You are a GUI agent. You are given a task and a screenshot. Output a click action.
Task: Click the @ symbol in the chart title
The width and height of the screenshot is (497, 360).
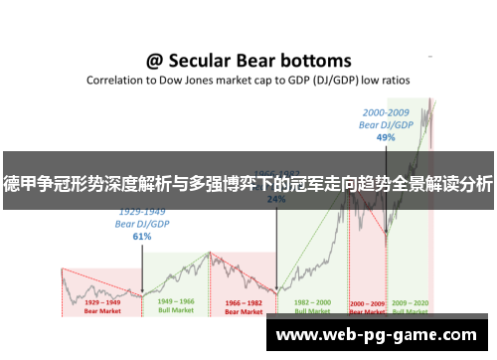tap(156, 61)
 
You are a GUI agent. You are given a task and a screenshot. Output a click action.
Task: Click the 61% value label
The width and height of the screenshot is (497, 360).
tap(142, 237)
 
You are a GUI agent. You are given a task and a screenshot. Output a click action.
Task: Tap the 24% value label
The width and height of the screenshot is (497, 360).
tap(275, 198)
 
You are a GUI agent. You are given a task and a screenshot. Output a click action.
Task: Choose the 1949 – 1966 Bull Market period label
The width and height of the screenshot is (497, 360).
tap(174, 303)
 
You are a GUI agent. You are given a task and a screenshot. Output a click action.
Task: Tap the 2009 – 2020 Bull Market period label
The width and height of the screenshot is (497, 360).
tap(410, 303)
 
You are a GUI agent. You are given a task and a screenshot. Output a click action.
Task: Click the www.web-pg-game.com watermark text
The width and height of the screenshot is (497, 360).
tap(378, 335)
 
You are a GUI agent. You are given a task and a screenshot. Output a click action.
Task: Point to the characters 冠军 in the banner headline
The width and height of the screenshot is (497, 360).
tap(298, 182)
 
